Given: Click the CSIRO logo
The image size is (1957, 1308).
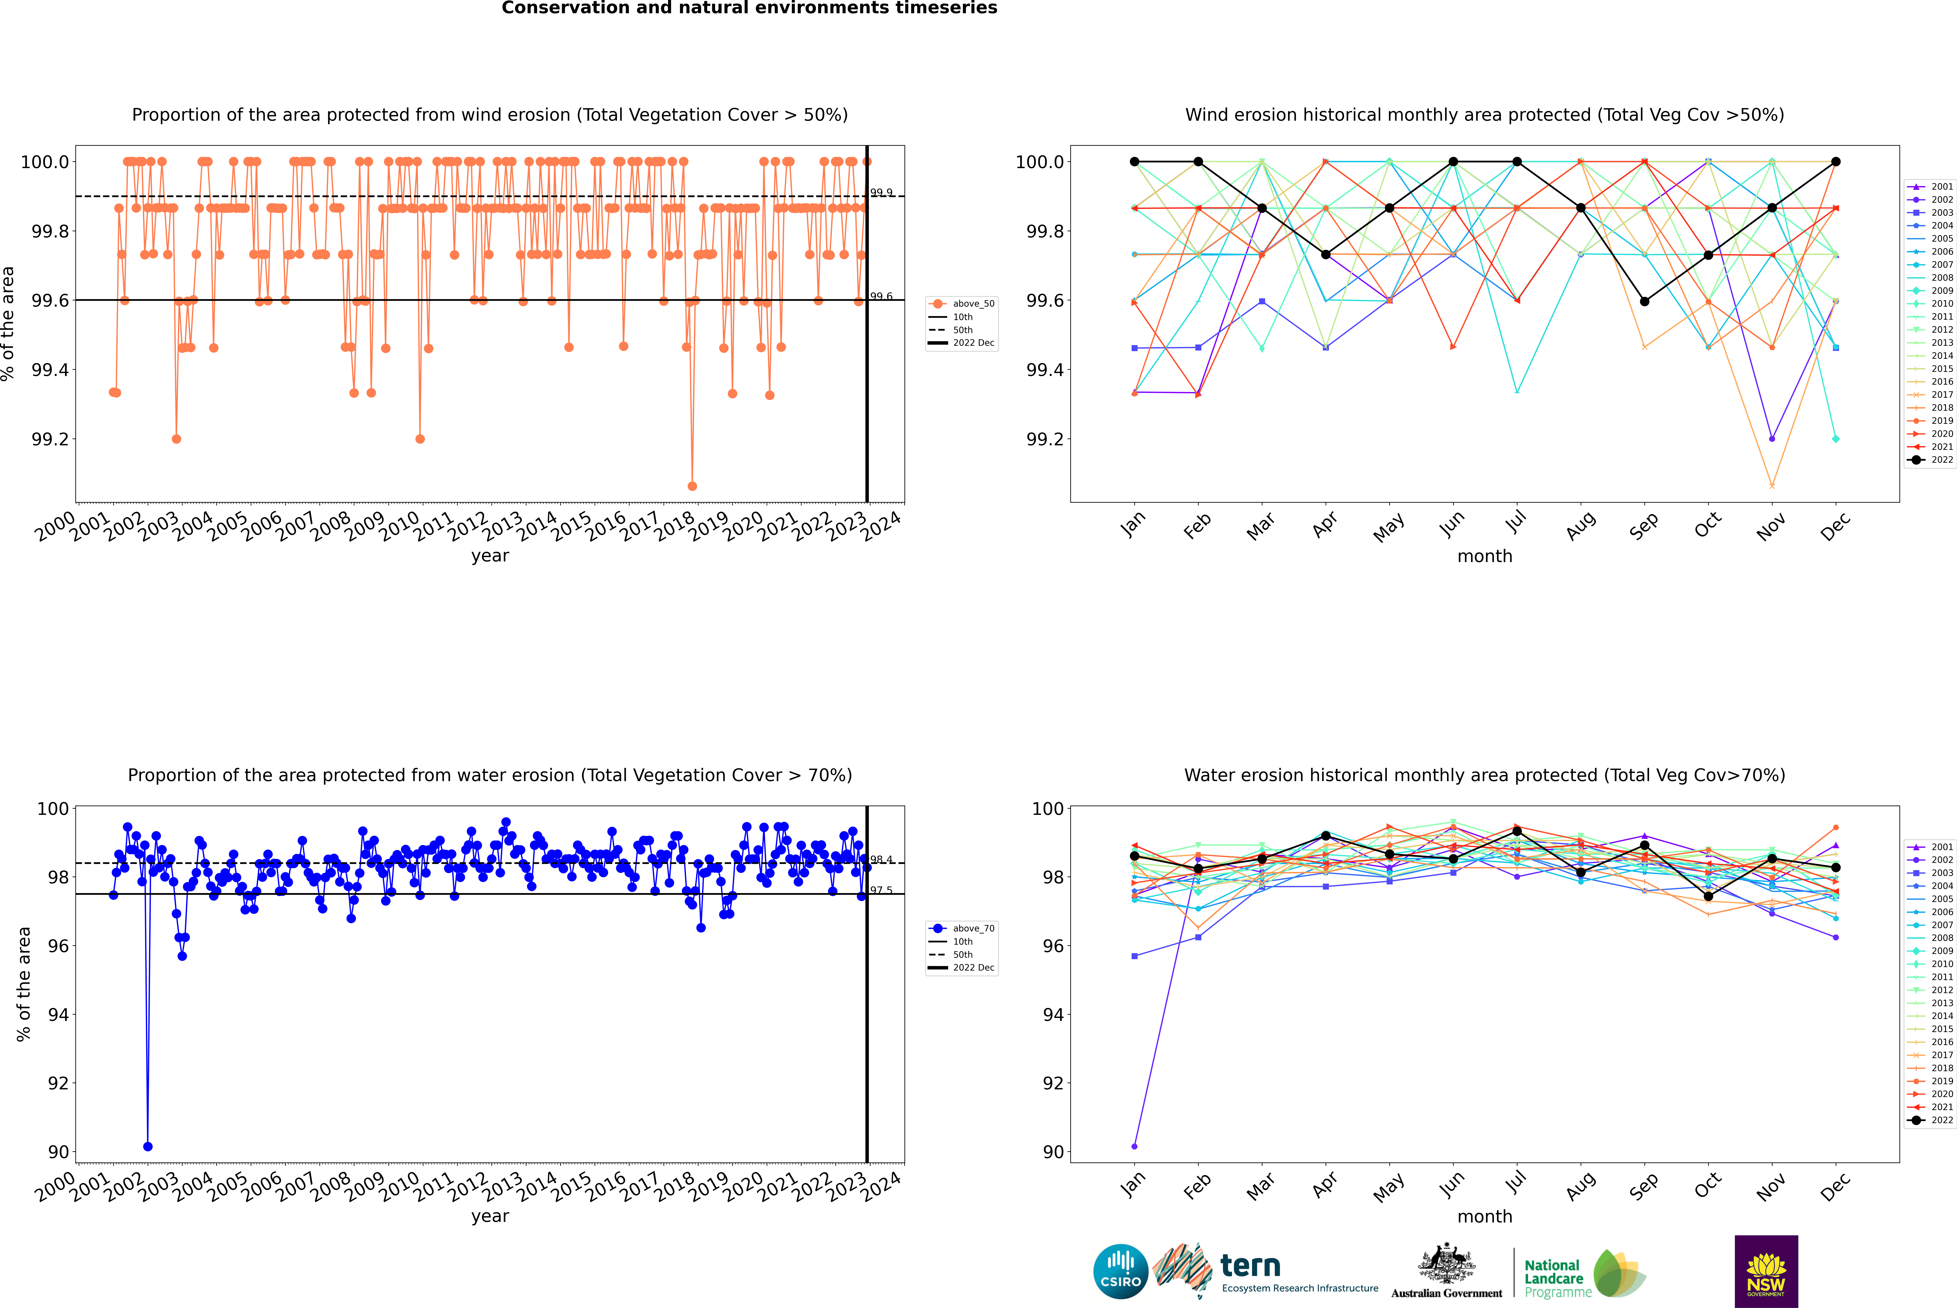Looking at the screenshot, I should point(1120,1271).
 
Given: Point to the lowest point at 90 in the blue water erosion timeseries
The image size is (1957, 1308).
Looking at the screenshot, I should point(148,1146).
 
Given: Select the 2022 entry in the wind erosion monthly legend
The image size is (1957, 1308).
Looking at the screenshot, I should point(1932,460).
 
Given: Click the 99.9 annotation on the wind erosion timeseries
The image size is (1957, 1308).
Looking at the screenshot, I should point(881,193).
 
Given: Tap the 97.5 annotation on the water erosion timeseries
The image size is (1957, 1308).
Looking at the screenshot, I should point(881,890).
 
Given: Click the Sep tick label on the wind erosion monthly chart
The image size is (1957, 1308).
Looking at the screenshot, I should point(1643,526).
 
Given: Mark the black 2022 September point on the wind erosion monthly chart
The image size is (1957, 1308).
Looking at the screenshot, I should point(1644,301).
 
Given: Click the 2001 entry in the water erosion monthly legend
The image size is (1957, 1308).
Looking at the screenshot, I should point(1932,847).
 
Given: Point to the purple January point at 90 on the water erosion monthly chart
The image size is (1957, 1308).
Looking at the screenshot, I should point(1134,1146).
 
